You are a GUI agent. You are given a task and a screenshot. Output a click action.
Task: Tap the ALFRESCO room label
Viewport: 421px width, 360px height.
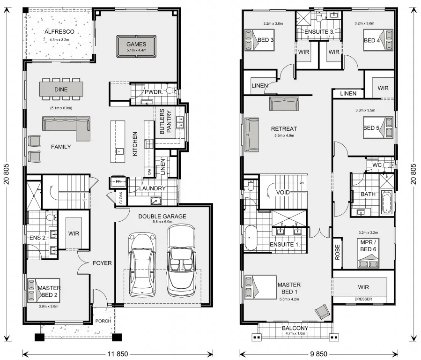point(57,32)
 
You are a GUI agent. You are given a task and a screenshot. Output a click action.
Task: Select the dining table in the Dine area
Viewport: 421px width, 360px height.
point(61,89)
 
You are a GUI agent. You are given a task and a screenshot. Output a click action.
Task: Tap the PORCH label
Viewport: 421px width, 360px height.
point(103,321)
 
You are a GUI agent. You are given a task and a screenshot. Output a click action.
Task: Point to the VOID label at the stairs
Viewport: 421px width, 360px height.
point(282,193)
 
